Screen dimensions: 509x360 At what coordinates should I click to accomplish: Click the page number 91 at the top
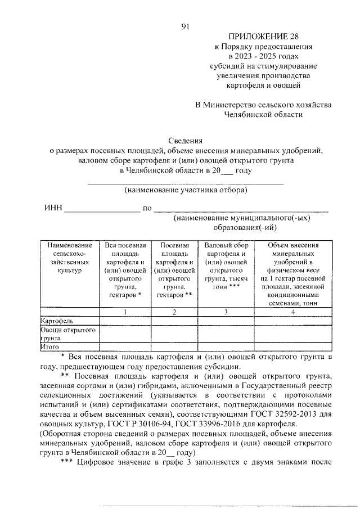coord(185,26)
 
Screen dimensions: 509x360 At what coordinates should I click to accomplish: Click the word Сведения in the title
coord(185,140)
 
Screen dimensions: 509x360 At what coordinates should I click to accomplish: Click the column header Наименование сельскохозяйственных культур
coord(69,258)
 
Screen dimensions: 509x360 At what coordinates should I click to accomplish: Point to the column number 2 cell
coord(174,312)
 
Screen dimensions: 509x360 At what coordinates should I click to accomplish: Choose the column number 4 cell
coord(293,312)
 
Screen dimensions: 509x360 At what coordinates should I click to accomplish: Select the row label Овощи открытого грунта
coord(67,334)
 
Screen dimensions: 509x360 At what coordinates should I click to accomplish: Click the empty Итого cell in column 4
coord(293,348)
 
